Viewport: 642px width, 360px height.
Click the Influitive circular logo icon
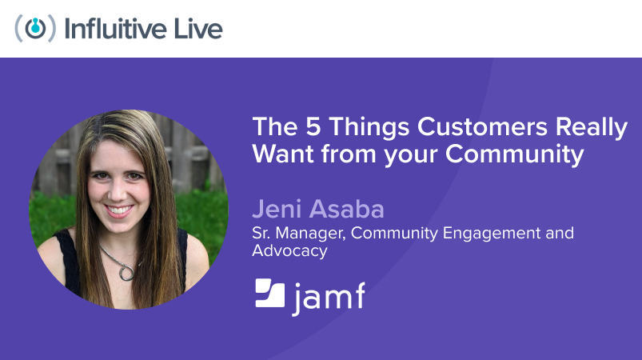35,28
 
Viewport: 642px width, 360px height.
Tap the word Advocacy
289,250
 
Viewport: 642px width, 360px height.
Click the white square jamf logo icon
270,293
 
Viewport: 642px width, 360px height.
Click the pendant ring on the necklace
126,272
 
